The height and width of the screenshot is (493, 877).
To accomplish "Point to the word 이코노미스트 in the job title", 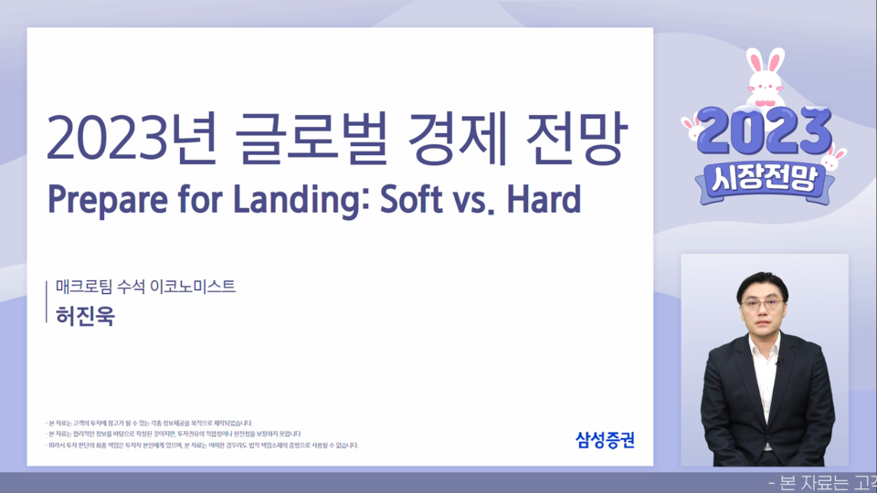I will click(194, 286).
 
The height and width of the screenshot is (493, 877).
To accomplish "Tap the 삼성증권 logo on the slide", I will click(605, 439).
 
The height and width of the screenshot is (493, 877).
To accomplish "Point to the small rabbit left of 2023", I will click(692, 128).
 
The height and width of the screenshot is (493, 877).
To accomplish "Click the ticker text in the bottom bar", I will click(821, 483).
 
